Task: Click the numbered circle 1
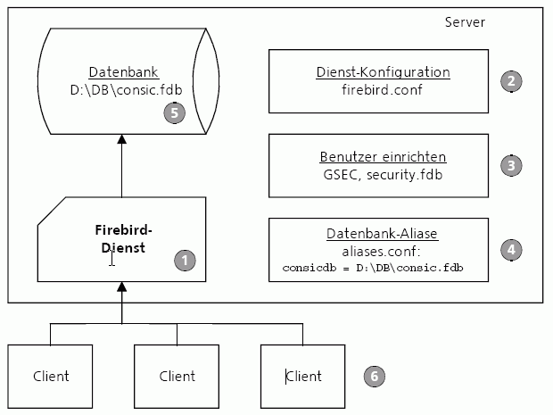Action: (x=185, y=261)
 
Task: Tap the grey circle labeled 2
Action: (x=511, y=81)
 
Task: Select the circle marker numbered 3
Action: (x=511, y=165)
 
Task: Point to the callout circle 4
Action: (x=511, y=250)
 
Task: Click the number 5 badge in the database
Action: (x=174, y=113)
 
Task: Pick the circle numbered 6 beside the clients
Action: (x=375, y=377)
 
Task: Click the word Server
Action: (x=465, y=22)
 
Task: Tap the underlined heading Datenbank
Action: (x=123, y=72)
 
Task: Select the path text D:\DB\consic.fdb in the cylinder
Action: (x=127, y=90)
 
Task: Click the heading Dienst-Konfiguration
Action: (x=383, y=72)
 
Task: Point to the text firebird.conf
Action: (x=382, y=89)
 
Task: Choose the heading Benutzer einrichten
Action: (x=383, y=157)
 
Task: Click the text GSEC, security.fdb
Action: (x=383, y=175)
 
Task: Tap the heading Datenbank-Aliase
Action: (x=382, y=234)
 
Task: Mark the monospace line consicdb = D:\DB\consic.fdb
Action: (x=373, y=268)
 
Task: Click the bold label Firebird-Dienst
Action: (x=123, y=239)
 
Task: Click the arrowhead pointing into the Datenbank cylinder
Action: (x=121, y=139)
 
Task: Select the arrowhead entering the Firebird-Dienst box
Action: (x=121, y=286)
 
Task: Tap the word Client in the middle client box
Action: (x=177, y=377)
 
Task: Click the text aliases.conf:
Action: (x=381, y=252)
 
